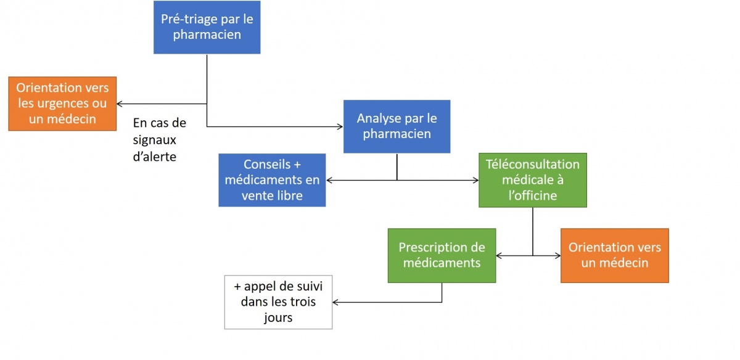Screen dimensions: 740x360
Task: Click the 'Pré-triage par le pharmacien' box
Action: click(x=207, y=27)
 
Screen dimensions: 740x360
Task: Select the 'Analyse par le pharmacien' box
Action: click(x=397, y=126)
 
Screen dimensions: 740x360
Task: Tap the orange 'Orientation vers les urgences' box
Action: click(x=62, y=104)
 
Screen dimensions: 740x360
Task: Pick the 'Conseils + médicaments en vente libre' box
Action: click(x=272, y=180)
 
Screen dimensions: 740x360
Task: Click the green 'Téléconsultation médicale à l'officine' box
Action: click(x=533, y=180)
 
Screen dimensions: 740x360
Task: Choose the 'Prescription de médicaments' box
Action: click(x=442, y=255)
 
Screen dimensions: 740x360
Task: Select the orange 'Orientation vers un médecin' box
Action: click(x=614, y=255)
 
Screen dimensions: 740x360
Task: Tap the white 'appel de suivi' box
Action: click(x=278, y=302)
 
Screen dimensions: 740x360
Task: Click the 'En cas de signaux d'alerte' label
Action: click(x=160, y=140)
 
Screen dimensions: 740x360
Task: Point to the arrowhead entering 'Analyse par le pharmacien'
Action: click(x=340, y=126)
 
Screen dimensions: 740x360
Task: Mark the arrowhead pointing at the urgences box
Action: click(x=120, y=104)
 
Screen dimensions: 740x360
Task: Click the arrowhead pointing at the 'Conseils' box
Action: click(x=329, y=180)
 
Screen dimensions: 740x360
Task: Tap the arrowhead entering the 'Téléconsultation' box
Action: click(x=475, y=180)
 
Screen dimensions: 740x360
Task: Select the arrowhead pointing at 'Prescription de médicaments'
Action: click(x=499, y=255)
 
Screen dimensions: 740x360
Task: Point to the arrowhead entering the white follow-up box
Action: click(x=335, y=302)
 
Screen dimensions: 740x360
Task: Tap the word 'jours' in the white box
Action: click(x=278, y=317)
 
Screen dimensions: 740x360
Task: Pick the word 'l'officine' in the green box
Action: click(x=533, y=195)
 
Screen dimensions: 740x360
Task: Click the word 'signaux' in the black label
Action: click(x=154, y=141)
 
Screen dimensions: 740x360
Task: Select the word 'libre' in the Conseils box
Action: click(x=289, y=195)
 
